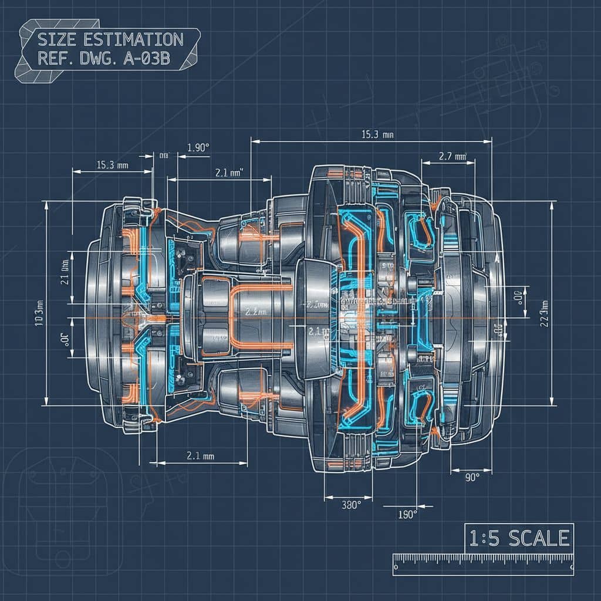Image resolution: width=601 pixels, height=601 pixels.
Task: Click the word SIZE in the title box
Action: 56,40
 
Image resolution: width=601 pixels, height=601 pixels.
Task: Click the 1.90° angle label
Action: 198,148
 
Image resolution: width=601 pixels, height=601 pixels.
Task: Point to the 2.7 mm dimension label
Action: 452,156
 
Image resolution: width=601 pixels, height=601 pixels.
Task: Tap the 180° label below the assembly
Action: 407,514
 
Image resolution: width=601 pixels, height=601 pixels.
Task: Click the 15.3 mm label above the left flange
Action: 112,166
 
